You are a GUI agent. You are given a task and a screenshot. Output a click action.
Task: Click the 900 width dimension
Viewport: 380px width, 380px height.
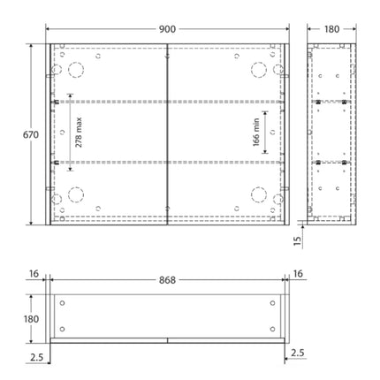(166, 29)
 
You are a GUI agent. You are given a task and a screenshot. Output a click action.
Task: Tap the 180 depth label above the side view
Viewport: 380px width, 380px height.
(332, 29)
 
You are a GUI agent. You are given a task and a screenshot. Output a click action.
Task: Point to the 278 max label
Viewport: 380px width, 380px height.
(79, 133)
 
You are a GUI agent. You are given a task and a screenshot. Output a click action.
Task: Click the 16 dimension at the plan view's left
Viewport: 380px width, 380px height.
(34, 276)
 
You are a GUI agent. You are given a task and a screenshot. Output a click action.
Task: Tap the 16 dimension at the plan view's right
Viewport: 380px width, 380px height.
(298, 276)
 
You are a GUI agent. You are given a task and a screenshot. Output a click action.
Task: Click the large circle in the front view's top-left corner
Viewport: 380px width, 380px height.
(74, 68)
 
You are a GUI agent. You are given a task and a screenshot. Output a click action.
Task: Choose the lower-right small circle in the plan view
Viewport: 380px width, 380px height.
(271, 326)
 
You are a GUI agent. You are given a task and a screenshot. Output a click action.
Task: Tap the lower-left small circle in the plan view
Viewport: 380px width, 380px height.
(61, 326)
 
